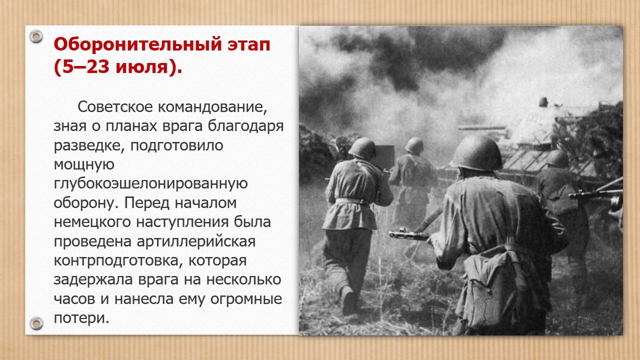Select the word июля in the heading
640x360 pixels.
click(x=141, y=67)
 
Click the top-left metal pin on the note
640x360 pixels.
click(x=36, y=36)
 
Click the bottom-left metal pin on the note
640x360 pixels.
click(x=36, y=323)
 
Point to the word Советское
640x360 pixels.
click(x=115, y=107)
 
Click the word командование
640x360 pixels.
click(x=212, y=107)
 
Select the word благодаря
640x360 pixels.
click(x=245, y=126)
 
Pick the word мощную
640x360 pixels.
click(x=84, y=165)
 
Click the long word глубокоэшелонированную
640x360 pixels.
click(x=150, y=184)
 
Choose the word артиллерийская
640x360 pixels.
click(x=196, y=241)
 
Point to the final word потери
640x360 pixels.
click(x=81, y=318)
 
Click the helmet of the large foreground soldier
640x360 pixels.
click(x=476, y=153)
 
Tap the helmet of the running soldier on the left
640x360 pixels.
click(x=362, y=147)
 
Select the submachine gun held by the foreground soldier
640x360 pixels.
click(x=411, y=233)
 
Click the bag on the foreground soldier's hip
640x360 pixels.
click(x=500, y=288)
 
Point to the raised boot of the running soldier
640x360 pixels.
click(x=348, y=300)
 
